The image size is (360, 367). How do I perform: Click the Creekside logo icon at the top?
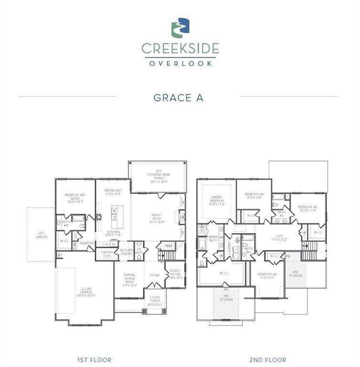click(x=180, y=28)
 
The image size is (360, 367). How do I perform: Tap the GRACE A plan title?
click(x=179, y=97)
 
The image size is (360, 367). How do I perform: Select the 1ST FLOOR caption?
click(x=94, y=359)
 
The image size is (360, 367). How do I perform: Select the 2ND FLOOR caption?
click(x=267, y=359)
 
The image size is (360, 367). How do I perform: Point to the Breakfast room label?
click(x=113, y=192)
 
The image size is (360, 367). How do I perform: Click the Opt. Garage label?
click(x=42, y=235)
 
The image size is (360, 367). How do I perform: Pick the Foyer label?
click(x=154, y=275)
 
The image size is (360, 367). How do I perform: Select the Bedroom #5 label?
click(x=307, y=208)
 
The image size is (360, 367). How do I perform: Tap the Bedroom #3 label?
click(x=267, y=276)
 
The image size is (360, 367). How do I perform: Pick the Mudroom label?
click(x=87, y=243)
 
